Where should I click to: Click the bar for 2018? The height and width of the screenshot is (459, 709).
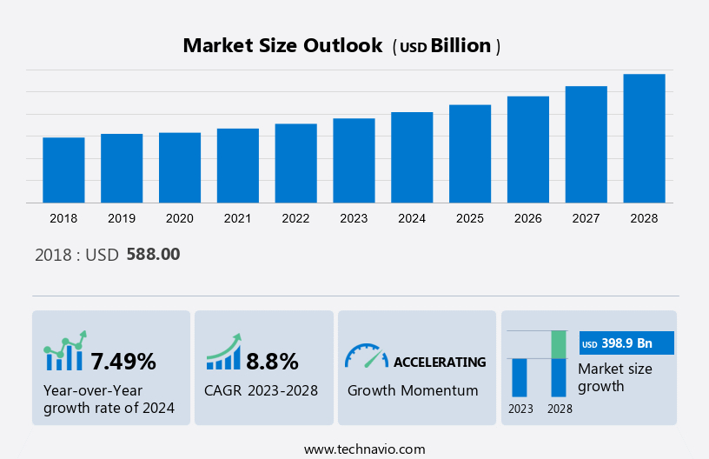coord(63,170)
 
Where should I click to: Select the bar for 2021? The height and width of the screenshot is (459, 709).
coord(238,166)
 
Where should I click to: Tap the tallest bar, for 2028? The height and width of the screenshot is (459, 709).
coord(644,138)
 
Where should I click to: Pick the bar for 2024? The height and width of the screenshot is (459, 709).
coord(412,157)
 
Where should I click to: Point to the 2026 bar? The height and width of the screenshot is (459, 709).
coord(528,150)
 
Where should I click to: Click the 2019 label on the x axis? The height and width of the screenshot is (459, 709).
coord(122,218)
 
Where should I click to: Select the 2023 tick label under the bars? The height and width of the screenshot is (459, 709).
coord(354,218)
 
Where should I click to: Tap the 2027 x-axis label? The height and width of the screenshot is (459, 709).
coord(586,218)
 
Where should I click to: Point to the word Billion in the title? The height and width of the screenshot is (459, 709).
coord(461,46)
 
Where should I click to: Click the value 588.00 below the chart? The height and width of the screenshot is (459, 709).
coord(153,255)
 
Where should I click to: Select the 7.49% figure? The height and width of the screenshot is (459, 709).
coord(123,361)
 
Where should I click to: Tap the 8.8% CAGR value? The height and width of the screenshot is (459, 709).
coord(272,361)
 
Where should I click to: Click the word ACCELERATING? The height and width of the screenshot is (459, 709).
coord(440,362)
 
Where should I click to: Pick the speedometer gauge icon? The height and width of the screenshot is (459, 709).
coord(366,356)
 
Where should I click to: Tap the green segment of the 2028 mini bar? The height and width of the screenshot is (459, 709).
coord(560,344)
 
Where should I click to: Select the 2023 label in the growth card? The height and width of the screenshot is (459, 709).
coord(520,409)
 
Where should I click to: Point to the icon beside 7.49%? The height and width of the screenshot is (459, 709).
coord(65,351)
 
